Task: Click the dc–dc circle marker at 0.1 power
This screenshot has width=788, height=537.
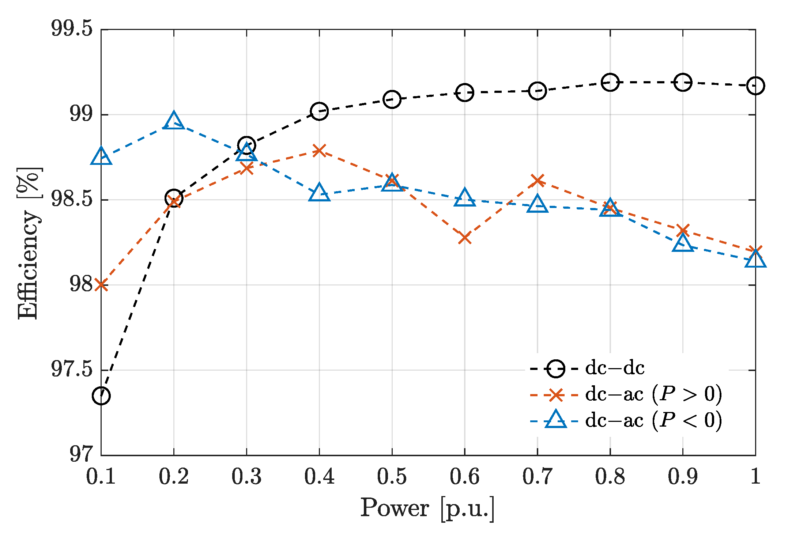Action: [101, 396]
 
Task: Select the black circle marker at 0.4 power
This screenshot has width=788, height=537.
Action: [319, 111]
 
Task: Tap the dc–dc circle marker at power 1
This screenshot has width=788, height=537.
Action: [755, 86]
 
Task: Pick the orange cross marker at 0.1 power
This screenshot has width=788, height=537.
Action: [101, 285]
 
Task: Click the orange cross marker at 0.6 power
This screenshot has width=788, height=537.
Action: [464, 238]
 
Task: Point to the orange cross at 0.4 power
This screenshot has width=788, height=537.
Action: [319, 150]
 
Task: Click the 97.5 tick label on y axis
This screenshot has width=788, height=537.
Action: [72, 369]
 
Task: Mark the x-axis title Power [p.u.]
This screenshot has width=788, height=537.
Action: [427, 508]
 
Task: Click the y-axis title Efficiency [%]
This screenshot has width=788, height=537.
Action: [29, 243]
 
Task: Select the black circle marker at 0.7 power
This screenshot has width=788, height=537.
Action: [537, 91]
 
